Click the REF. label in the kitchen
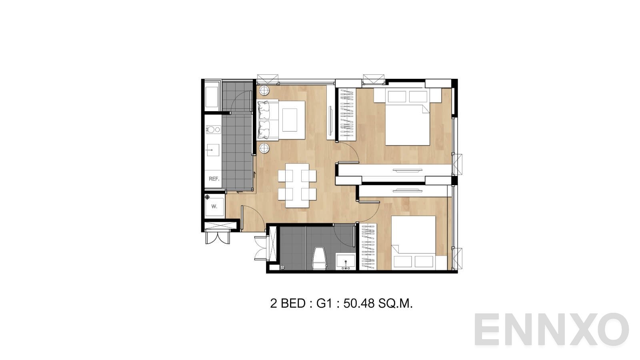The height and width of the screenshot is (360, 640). pyautogui.click(x=214, y=179)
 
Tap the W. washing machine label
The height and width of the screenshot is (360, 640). pyautogui.click(x=214, y=206)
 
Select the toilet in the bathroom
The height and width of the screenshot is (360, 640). pyautogui.click(x=320, y=258)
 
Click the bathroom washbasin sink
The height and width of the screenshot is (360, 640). pyautogui.click(x=346, y=262)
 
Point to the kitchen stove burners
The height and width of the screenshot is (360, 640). pyautogui.click(x=214, y=130)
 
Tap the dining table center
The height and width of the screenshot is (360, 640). pyautogui.click(x=297, y=186)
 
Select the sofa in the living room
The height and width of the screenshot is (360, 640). pyautogui.click(x=268, y=120)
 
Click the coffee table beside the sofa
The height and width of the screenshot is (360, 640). pyautogui.click(x=292, y=120)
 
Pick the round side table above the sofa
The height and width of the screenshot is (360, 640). pyautogui.click(x=264, y=90)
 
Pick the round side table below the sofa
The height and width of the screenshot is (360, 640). pyautogui.click(x=264, y=148)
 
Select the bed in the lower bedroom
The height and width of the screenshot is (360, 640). pyautogui.click(x=414, y=243)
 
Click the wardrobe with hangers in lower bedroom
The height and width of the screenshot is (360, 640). pyautogui.click(x=368, y=246)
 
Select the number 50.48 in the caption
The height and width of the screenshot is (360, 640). pyautogui.click(x=359, y=304)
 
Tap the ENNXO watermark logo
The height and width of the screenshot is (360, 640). pyautogui.click(x=552, y=330)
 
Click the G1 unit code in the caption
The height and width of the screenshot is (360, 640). pyautogui.click(x=324, y=304)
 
